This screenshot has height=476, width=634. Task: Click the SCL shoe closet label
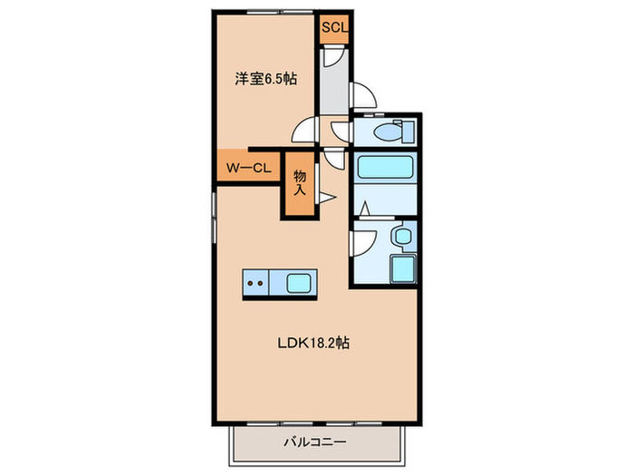coord(333,27)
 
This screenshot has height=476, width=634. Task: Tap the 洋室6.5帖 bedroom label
coord(266,79)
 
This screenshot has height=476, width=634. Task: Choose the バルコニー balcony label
coord(315,442)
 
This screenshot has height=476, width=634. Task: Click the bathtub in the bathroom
coord(385,168)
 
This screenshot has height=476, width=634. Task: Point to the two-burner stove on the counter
coord(256,284)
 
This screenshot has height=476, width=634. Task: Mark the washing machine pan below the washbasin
coord(401,269)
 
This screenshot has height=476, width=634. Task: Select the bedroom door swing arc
coord(307,132)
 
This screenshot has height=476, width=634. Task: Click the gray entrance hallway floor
coord(334,91)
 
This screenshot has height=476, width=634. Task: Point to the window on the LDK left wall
coord(214,217)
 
